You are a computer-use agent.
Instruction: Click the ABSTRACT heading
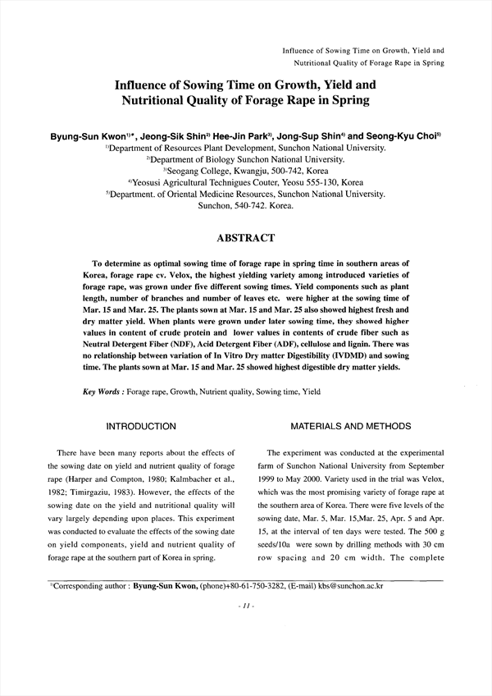tap(245, 238)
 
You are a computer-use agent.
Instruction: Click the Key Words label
tap(104, 392)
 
